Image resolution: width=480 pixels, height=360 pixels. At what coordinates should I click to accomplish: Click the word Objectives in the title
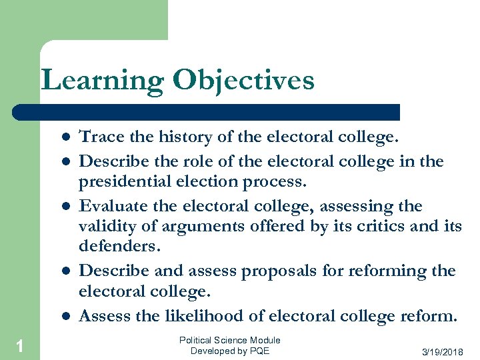[x=243, y=81]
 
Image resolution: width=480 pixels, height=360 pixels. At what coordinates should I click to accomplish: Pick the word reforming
[x=384, y=271]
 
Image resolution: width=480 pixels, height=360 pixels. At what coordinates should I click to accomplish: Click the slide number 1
[x=20, y=345]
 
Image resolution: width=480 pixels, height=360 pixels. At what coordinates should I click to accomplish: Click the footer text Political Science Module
[x=230, y=341]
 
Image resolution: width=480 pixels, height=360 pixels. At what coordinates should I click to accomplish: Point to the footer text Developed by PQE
[x=230, y=351]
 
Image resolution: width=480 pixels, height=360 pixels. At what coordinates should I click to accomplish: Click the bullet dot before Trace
[x=67, y=137]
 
